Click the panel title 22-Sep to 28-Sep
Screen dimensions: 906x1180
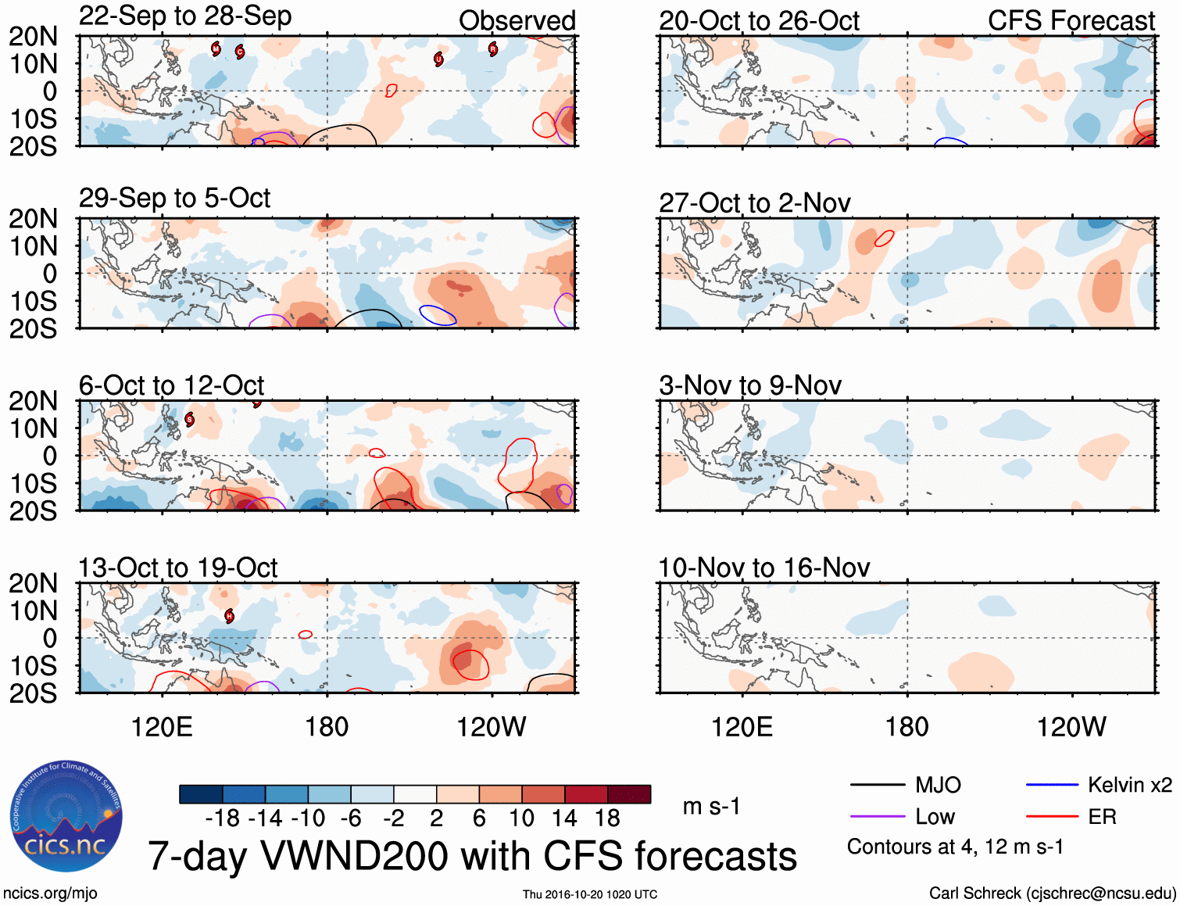coord(185,16)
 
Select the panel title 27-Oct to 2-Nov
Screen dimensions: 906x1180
coord(754,203)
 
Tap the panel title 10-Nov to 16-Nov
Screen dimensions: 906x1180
coord(763,568)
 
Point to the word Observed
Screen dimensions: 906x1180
coord(517,21)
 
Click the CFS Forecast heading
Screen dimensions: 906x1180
coord(1071,21)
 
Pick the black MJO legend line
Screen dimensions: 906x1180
coord(877,785)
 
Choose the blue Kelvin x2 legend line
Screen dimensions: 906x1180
coord(1052,785)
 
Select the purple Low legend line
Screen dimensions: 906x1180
coord(877,817)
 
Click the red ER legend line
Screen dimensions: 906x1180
coord(1052,817)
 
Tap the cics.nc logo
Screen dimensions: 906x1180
coord(66,817)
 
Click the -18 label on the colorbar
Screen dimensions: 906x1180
coord(222,818)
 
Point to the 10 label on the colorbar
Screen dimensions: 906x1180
coord(521,818)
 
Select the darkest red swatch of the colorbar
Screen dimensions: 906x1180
coord(629,794)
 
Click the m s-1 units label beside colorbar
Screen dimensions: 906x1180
coord(710,806)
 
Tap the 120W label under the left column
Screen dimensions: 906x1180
coord(491,727)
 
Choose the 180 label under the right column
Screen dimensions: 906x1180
coord(906,727)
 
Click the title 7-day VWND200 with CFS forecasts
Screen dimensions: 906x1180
coord(472,856)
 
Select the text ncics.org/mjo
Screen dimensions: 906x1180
coord(50,893)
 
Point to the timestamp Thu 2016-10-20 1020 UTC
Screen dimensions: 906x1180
coord(590,894)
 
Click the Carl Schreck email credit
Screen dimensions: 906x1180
coord(1052,893)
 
